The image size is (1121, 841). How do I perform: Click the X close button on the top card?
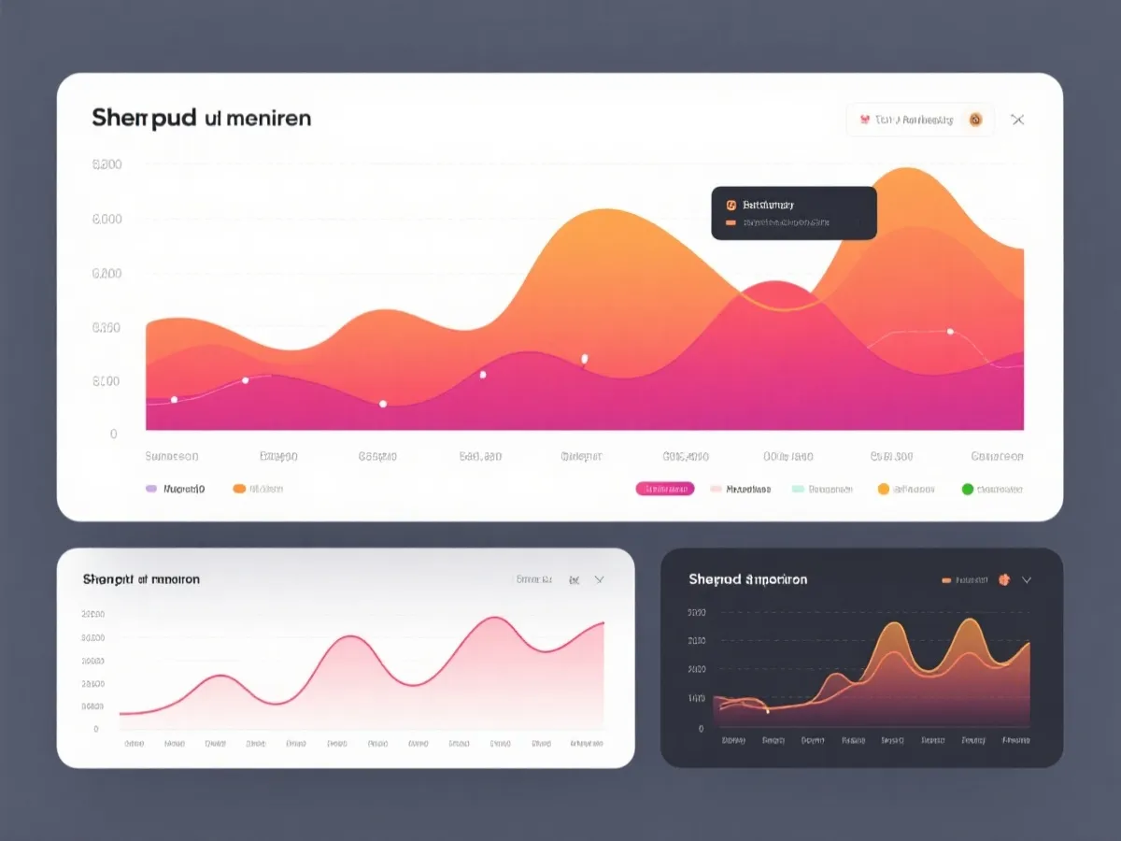(x=1017, y=120)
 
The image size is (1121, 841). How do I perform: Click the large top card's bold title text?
(x=201, y=119)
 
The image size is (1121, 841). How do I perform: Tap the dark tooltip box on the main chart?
(x=794, y=213)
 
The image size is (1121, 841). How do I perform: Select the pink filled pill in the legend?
(x=664, y=489)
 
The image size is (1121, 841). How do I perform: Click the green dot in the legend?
(x=968, y=489)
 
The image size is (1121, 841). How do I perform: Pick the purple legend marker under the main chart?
(x=151, y=489)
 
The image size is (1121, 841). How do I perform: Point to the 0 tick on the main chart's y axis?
(x=114, y=435)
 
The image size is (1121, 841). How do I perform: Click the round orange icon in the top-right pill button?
(x=975, y=120)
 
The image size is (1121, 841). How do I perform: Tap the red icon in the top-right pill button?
(x=864, y=120)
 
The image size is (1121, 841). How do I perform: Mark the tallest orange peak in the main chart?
(x=904, y=169)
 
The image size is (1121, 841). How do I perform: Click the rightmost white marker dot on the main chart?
(x=950, y=331)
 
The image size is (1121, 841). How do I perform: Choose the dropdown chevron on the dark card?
(x=1027, y=579)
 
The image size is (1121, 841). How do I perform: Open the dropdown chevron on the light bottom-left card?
(x=600, y=579)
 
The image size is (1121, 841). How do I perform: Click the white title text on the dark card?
(x=747, y=579)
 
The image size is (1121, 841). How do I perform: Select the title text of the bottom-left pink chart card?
(x=141, y=579)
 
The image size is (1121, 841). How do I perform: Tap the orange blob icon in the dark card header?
(x=1004, y=579)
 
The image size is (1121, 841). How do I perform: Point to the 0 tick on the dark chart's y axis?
(x=701, y=728)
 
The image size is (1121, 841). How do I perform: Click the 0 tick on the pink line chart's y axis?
(x=95, y=729)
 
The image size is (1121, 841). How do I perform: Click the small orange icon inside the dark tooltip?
(x=731, y=204)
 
